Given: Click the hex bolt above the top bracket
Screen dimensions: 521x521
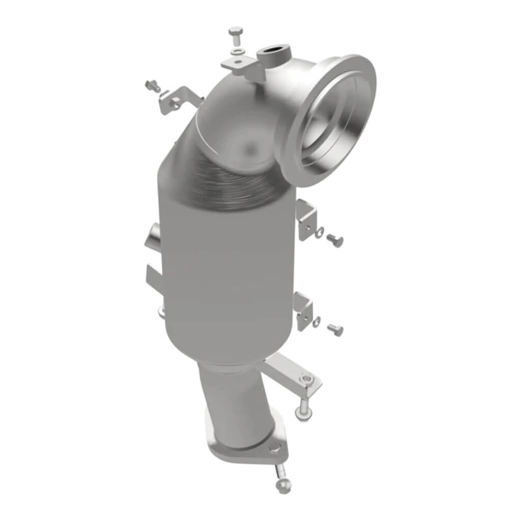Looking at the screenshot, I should click(x=236, y=35).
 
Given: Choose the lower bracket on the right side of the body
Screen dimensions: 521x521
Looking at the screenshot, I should click(x=304, y=310).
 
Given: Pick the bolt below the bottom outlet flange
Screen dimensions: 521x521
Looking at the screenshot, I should click(x=282, y=483).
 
